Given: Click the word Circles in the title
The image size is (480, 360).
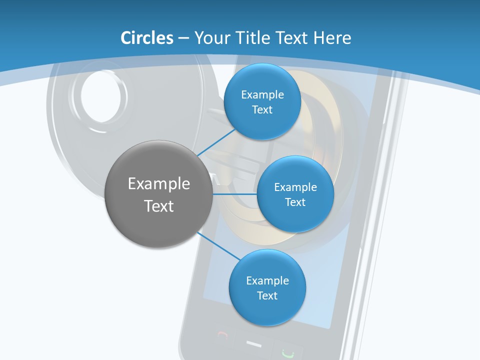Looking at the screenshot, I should click(x=147, y=38).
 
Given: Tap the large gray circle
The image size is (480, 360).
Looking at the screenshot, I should click(x=158, y=194).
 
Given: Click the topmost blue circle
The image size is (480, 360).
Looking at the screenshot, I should click(x=262, y=101).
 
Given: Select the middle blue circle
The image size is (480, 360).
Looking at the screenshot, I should click(x=295, y=194).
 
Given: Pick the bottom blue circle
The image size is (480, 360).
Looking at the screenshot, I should click(x=267, y=287).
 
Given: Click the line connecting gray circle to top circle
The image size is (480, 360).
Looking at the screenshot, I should click(x=216, y=141).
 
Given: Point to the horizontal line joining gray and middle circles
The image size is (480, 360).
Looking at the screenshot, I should click(x=235, y=194).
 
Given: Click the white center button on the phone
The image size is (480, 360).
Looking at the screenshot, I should click(x=254, y=344).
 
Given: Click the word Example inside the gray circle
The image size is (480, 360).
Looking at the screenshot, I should click(x=158, y=183).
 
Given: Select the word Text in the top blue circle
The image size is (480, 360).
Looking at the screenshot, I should click(x=262, y=109).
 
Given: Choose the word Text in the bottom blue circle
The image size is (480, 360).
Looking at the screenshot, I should click(x=267, y=295).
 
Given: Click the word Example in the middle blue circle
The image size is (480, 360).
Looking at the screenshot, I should click(x=295, y=187).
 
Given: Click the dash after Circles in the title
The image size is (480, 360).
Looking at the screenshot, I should click(x=183, y=38).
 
